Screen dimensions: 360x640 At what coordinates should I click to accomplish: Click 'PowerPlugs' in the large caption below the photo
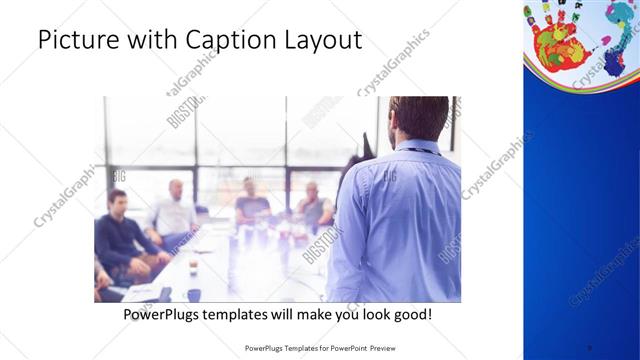166,314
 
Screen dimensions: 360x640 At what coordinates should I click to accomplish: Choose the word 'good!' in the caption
410,314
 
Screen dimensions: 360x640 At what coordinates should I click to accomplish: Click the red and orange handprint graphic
555,40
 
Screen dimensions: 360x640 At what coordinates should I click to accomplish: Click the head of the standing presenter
418,117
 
